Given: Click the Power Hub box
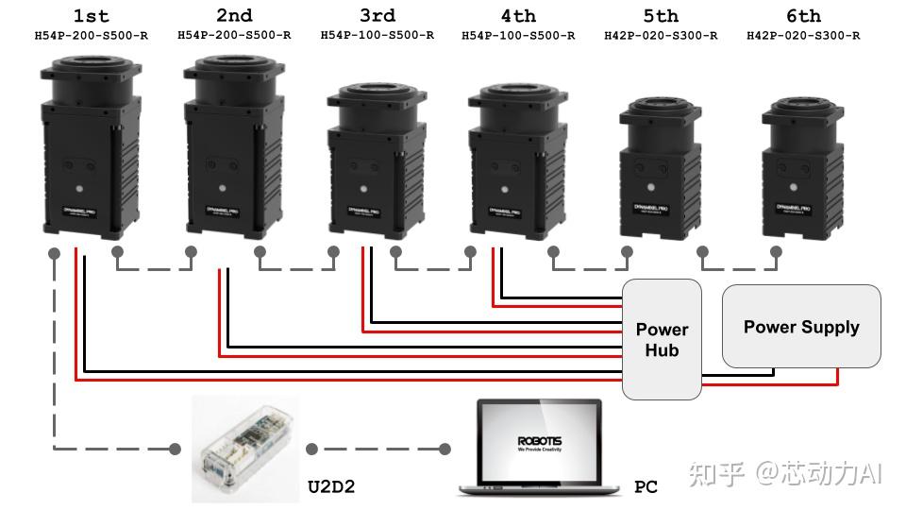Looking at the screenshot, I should tap(662, 339).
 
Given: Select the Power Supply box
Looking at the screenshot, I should tap(801, 327).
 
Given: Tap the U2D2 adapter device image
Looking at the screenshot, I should tap(244, 449).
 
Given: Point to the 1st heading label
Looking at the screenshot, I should tap(91, 16).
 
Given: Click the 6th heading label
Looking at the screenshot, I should tap(803, 16).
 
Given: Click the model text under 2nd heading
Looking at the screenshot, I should tap(234, 36).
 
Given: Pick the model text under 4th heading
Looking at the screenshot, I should tap(518, 36).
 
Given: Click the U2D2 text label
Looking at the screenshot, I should tap(331, 487).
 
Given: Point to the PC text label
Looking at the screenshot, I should tap(646, 487).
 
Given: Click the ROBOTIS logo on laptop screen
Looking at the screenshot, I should tap(539, 441).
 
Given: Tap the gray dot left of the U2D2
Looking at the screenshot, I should tap(175, 449).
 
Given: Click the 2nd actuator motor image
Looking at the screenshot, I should tap(234, 146).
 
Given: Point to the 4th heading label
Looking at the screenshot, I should tap(518, 16).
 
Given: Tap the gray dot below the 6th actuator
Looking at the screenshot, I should tap(776, 252).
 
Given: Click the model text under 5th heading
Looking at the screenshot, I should tap(661, 36).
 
